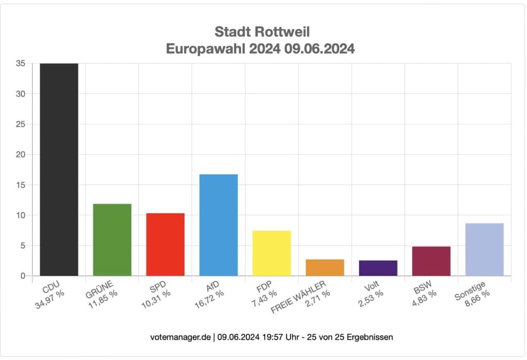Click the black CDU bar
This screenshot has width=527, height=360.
click(59, 169)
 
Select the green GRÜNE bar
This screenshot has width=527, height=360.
click(112, 239)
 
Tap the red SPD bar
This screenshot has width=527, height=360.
click(165, 244)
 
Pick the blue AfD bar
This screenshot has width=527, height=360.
click(218, 225)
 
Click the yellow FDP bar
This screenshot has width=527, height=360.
click(272, 253)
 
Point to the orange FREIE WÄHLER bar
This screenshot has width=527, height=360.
click(325, 267)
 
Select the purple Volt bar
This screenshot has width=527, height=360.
click(378, 268)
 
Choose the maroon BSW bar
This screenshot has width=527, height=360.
click(431, 261)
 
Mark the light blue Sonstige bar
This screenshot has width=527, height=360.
click(484, 249)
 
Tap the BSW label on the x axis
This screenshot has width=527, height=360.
click(421, 287)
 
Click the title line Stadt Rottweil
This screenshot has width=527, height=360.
click(262, 31)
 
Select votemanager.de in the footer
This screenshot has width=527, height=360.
click(180, 337)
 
